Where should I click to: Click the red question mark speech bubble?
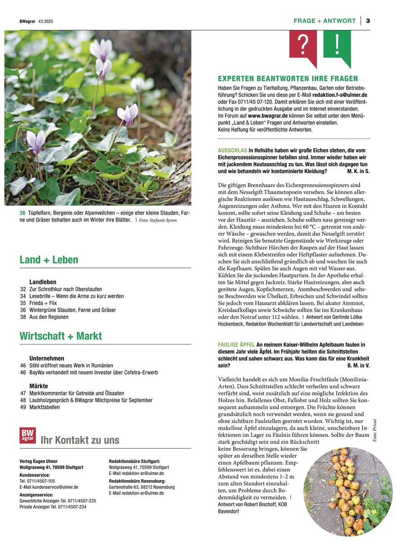[x=303, y=45]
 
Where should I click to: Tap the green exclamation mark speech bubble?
[x=337, y=45]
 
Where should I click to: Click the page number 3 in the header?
[x=368, y=21]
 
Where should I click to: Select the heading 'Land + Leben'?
[x=49, y=260]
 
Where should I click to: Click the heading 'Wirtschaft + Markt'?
[x=61, y=336]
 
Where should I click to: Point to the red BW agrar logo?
[x=27, y=436]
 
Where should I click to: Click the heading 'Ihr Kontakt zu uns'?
[x=80, y=440]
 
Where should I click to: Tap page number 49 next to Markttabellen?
[x=23, y=407]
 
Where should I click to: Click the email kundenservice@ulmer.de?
[x=49, y=487]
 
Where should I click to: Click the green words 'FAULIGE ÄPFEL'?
[x=236, y=345]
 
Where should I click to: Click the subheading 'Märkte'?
[x=39, y=386]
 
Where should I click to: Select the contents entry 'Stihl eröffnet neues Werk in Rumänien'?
[x=71, y=366]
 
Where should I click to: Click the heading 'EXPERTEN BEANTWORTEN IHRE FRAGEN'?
[x=288, y=78]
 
